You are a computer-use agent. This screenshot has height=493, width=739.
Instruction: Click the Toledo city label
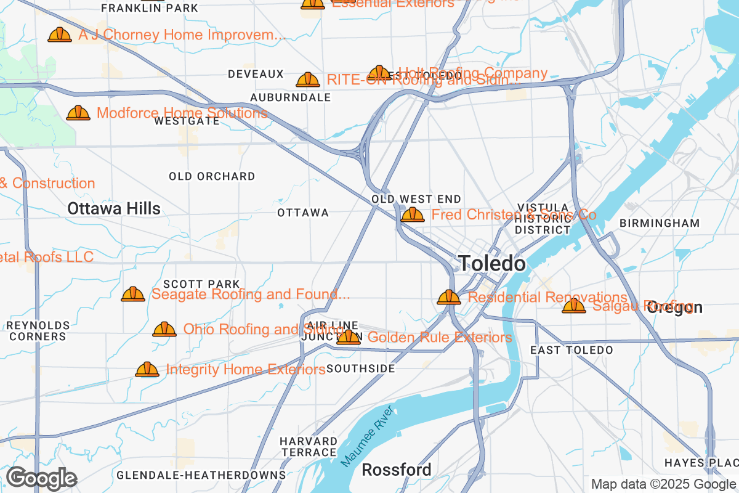(492, 264)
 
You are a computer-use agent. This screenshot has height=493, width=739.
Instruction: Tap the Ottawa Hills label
(114, 209)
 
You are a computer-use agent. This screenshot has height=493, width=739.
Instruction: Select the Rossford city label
(396, 470)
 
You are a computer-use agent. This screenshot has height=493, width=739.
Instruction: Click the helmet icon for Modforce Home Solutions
(78, 113)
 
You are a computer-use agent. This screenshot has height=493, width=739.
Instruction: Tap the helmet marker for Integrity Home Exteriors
(147, 370)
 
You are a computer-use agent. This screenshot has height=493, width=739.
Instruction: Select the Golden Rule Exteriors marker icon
(349, 337)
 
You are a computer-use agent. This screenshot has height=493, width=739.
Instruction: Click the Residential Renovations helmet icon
(449, 298)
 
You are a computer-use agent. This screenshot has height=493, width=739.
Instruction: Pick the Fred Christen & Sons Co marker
(412, 215)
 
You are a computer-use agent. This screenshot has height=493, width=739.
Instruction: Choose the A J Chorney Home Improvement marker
(60, 35)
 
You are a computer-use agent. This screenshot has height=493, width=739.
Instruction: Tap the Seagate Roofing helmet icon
(133, 295)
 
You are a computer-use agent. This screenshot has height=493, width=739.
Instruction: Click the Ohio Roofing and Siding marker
(164, 330)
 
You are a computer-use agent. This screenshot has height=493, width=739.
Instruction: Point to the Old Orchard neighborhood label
(212, 176)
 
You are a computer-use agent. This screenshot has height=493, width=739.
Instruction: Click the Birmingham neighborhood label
(660, 223)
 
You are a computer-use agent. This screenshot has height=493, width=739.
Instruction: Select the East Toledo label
(571, 350)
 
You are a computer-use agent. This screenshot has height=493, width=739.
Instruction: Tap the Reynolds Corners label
(38, 331)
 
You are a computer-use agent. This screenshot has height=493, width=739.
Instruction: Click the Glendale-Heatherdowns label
(201, 475)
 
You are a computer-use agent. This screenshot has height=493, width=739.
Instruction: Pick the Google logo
(41, 478)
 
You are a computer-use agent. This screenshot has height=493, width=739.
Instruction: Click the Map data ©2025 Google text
(663, 484)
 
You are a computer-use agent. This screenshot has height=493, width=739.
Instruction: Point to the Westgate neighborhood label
(187, 121)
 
